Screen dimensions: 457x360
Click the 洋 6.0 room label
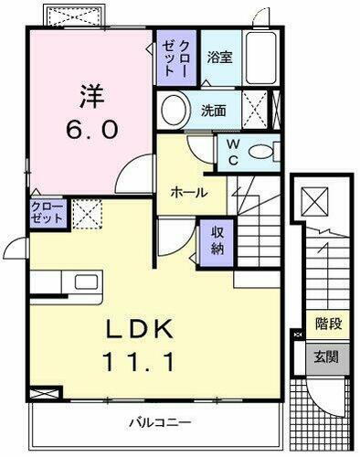pyautogui.click(x=90, y=112)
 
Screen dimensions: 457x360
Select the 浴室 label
pyautogui.click(x=218, y=57)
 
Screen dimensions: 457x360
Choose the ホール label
pyautogui.click(x=188, y=193)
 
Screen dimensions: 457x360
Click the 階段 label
pyautogui.click(x=327, y=323)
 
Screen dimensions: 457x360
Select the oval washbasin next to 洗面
pyautogui.click(x=174, y=111)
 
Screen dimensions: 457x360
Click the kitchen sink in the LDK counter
pyautogui.click(x=85, y=281)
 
